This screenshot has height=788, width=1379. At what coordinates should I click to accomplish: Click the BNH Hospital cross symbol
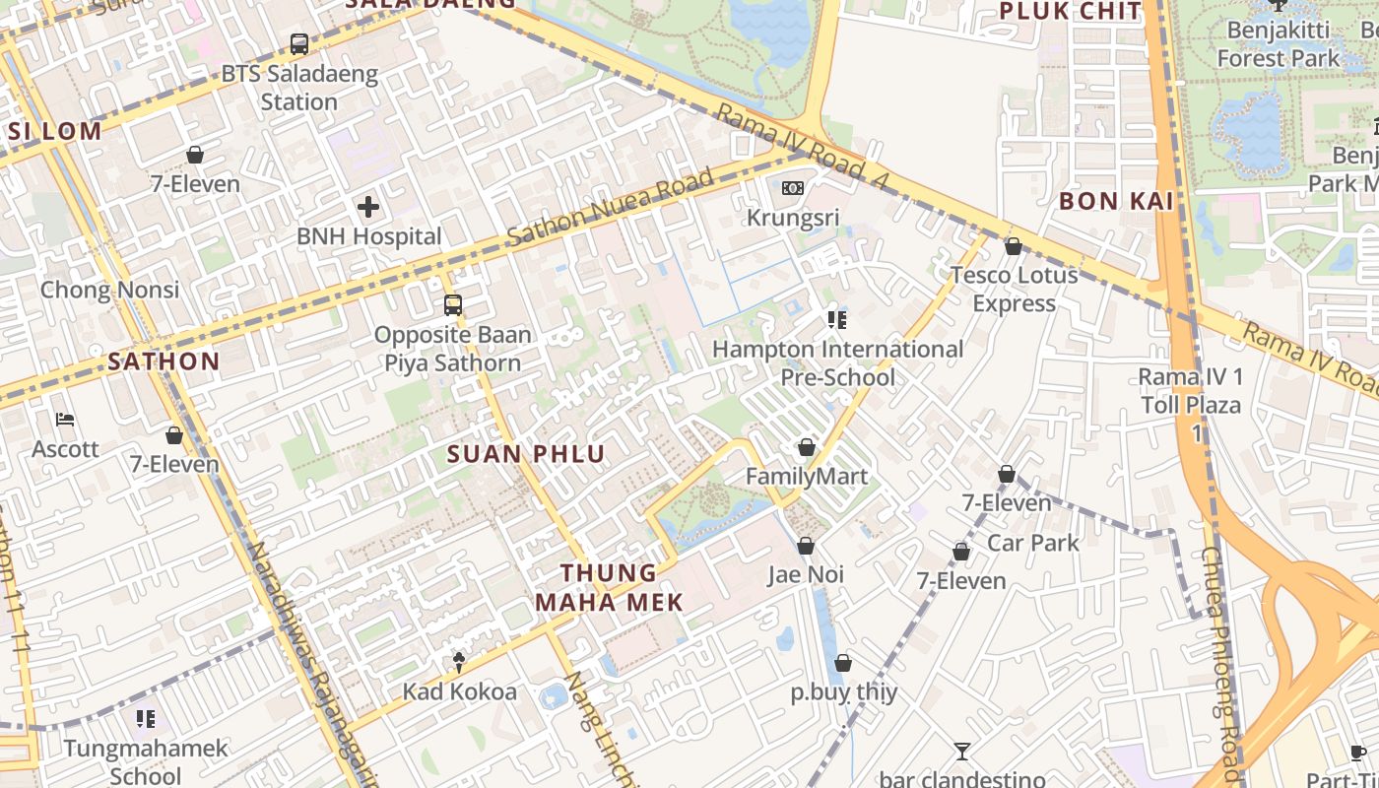368,207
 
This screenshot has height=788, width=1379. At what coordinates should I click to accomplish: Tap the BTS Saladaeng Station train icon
299,44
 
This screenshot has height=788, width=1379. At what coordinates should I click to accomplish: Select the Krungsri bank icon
792,188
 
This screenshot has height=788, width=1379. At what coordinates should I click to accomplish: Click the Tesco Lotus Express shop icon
1013,246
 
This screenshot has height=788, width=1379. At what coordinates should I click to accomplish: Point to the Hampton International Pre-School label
837,362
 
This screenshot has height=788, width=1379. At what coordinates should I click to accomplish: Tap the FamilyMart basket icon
807,448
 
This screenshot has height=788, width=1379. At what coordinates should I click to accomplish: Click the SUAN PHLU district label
525,454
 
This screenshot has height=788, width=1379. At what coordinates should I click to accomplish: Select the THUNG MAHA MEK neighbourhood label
608,587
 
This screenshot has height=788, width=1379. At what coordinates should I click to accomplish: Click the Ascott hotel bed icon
65,421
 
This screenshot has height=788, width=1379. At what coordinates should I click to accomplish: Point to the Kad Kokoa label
459,691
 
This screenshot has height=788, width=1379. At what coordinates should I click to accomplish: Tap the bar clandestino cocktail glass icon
962,752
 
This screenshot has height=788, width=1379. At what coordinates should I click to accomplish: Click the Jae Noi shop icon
806,546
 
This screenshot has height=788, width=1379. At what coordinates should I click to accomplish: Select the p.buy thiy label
844,691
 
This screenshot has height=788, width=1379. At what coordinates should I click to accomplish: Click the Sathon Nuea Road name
610,209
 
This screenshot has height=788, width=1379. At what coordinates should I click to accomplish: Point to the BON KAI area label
1115,201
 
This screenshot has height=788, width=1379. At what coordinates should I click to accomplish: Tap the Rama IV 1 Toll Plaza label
1190,390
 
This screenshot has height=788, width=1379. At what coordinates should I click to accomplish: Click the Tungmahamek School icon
145,719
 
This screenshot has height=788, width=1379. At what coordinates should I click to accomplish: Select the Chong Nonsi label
109,290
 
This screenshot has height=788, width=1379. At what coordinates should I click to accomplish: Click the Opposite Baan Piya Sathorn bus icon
453,305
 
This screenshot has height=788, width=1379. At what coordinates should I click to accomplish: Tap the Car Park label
1032,543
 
